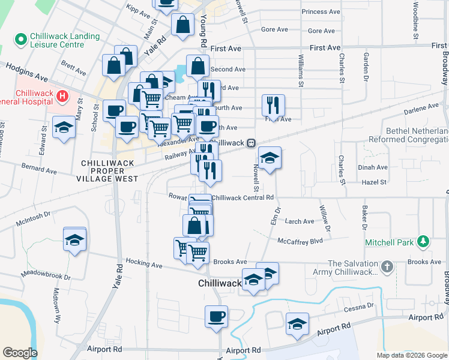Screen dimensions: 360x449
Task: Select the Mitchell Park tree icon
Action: (x=424, y=242)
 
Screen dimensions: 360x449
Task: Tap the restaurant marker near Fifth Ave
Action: (x=273, y=105)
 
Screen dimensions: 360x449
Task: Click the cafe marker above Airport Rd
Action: (x=216, y=316)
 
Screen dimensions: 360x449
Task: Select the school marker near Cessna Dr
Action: (x=297, y=324)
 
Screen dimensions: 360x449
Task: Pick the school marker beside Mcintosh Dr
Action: (x=75, y=240)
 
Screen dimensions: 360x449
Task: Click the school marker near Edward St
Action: (x=64, y=127)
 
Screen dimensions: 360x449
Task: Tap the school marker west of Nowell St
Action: (x=270, y=158)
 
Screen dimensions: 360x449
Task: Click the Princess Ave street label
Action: (x=322, y=11)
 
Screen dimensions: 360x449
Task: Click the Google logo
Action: (x=20, y=353)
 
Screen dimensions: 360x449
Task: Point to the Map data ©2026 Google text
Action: (x=412, y=355)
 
